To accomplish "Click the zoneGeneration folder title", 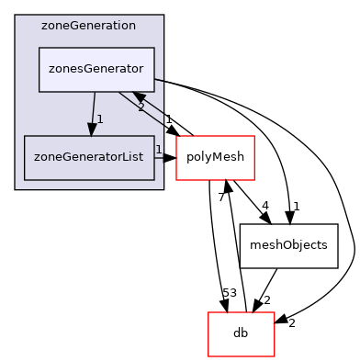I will (x=88, y=26).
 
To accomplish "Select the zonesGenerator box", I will (x=96, y=70).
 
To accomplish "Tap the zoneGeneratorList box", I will (x=89, y=157).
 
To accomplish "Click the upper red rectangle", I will (x=215, y=158).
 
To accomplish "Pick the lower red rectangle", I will (x=242, y=334).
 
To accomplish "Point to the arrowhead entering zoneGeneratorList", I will (x=92, y=130).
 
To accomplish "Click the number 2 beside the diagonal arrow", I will (x=141, y=107).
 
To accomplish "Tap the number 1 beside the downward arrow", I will (x=100, y=119).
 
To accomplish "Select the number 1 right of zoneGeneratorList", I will (x=158, y=150).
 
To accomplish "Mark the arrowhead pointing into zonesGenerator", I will (x=139, y=96).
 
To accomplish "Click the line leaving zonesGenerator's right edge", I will (x=159, y=80).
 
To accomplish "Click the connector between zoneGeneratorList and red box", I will (x=165, y=157).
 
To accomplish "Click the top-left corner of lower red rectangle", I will (x=208, y=313).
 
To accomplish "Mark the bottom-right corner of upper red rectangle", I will (x=253, y=179).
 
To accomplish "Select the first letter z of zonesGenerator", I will (x=52, y=70).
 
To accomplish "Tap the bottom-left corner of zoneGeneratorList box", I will (x=25, y=179).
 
